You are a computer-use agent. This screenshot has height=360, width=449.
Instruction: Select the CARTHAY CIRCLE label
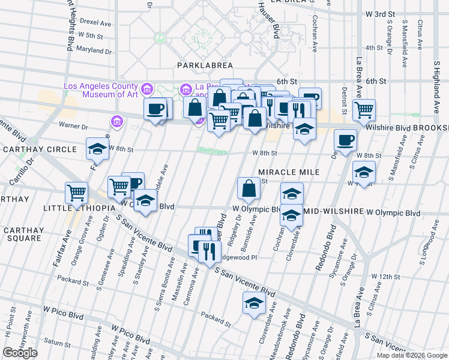40,149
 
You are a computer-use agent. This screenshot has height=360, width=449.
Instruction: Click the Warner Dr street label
73,126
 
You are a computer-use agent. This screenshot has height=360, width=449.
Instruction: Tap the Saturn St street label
57,343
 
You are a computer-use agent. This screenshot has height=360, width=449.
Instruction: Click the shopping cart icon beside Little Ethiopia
77,193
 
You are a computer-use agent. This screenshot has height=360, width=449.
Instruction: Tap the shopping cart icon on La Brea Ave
363,109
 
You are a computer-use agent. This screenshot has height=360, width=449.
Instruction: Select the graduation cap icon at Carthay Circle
97,148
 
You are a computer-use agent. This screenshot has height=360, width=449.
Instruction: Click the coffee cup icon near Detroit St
345,140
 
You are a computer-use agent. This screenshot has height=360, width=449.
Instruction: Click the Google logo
20,353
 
